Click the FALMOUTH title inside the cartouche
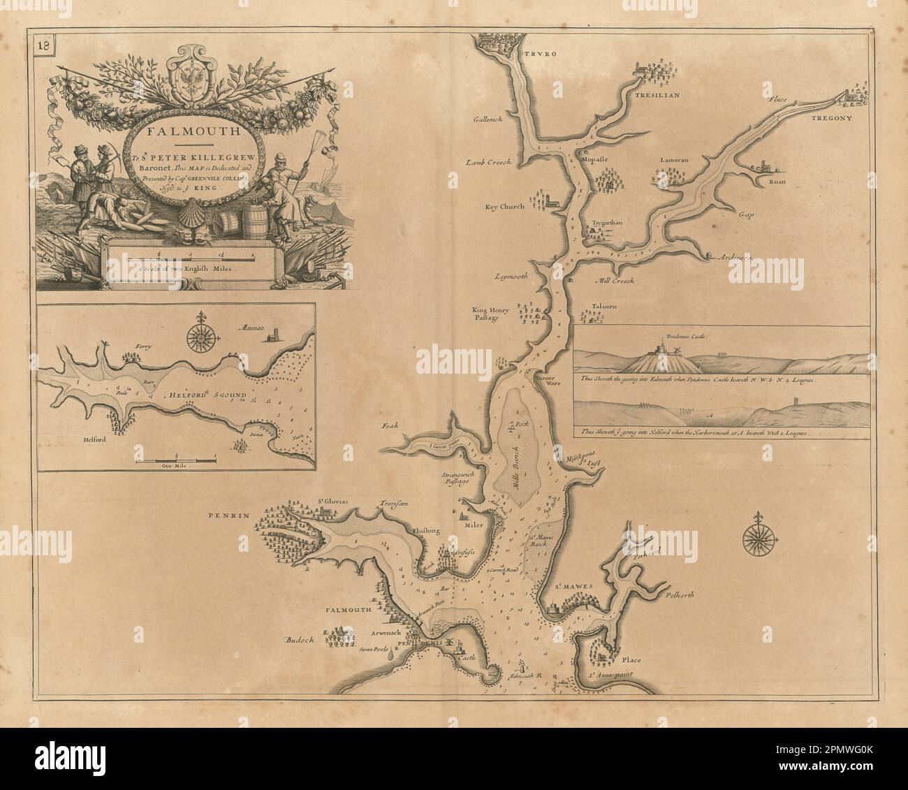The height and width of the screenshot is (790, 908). pos(184,129)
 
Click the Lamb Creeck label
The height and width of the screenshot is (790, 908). pos(488,162)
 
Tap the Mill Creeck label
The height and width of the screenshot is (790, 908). pos(613,281)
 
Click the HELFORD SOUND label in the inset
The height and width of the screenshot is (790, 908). pos(207,395)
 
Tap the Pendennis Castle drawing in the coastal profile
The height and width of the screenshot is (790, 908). pos(659,347)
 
